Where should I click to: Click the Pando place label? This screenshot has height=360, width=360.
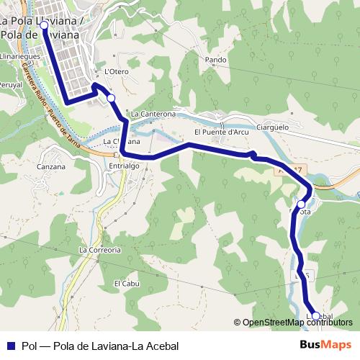pos(215,60)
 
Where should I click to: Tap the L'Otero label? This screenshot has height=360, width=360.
pos(116,71)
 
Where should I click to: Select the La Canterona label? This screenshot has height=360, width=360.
pos(153,114)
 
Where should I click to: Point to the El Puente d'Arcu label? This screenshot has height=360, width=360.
pos(222,132)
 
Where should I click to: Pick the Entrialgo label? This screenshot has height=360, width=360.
pos(123,166)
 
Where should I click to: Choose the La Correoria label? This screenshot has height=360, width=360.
pos(99,250)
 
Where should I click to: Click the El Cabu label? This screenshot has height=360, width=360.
pos(125,283)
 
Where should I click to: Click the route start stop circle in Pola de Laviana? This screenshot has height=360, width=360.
pos(44,25)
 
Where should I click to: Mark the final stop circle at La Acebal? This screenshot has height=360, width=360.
pos(315,315)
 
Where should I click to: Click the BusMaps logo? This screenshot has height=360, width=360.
pos(325,345)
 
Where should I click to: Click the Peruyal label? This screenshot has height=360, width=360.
pos(10,84)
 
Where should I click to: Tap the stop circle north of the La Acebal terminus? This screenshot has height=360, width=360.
pos(301,204)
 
